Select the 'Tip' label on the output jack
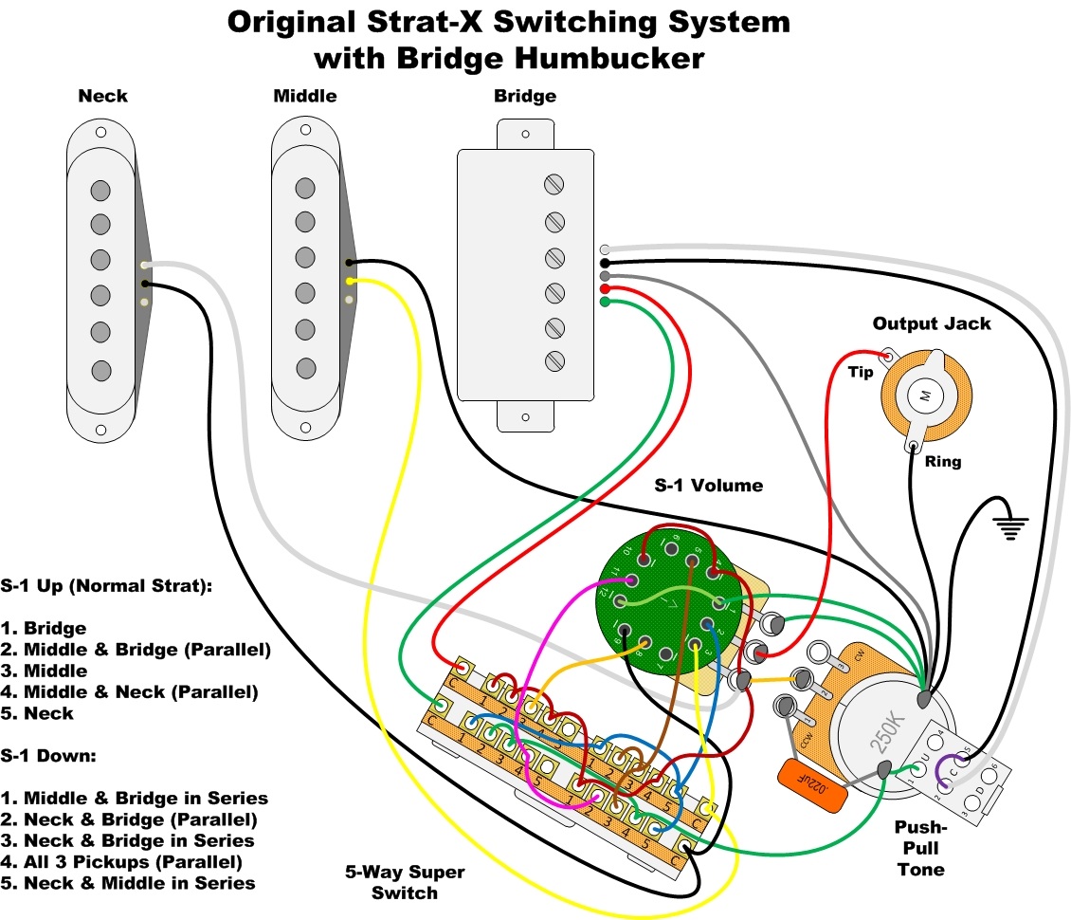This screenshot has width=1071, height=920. pyautogui.click(x=861, y=372)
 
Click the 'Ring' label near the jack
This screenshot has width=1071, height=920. pyautogui.click(x=943, y=462)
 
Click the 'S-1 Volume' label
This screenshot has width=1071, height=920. pyautogui.click(x=709, y=485)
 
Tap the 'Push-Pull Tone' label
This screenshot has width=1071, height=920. pyautogui.click(x=918, y=848)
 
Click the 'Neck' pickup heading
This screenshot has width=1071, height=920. pyautogui.click(x=102, y=96)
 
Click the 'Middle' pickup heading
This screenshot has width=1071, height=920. pyautogui.click(x=304, y=96)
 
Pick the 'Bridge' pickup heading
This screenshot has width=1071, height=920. pyautogui.click(x=525, y=96)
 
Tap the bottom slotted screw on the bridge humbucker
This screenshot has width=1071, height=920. pyautogui.click(x=554, y=361)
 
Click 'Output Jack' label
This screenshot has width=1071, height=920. pyautogui.click(x=932, y=323)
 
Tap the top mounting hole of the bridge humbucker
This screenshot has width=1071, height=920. pyautogui.click(x=525, y=134)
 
